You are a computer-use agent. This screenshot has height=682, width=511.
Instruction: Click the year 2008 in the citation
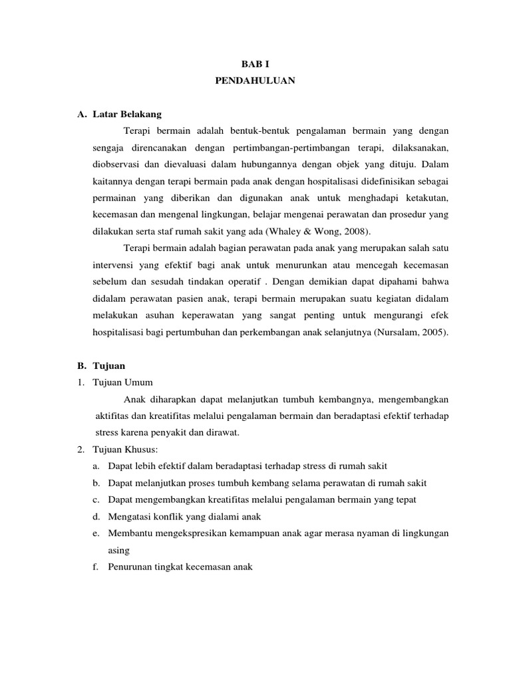click(x=358, y=231)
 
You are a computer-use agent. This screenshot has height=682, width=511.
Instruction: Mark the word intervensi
click(x=113, y=264)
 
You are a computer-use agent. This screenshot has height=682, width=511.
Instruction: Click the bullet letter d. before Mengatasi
click(x=96, y=517)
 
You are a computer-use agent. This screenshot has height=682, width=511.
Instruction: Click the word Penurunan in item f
click(x=128, y=567)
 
